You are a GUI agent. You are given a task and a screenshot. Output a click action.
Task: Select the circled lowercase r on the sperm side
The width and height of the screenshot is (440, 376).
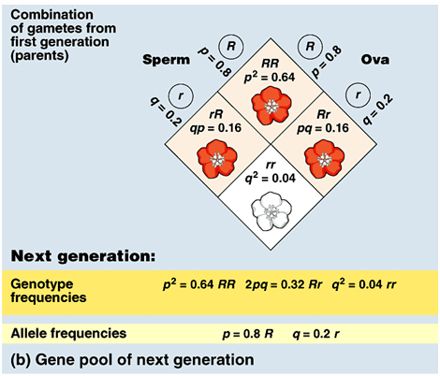(x=175, y=95)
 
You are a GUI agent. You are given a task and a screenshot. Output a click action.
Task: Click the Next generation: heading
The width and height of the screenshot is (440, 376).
(x=83, y=255)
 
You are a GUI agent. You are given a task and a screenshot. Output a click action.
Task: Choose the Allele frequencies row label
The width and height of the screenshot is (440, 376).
(x=67, y=332)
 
